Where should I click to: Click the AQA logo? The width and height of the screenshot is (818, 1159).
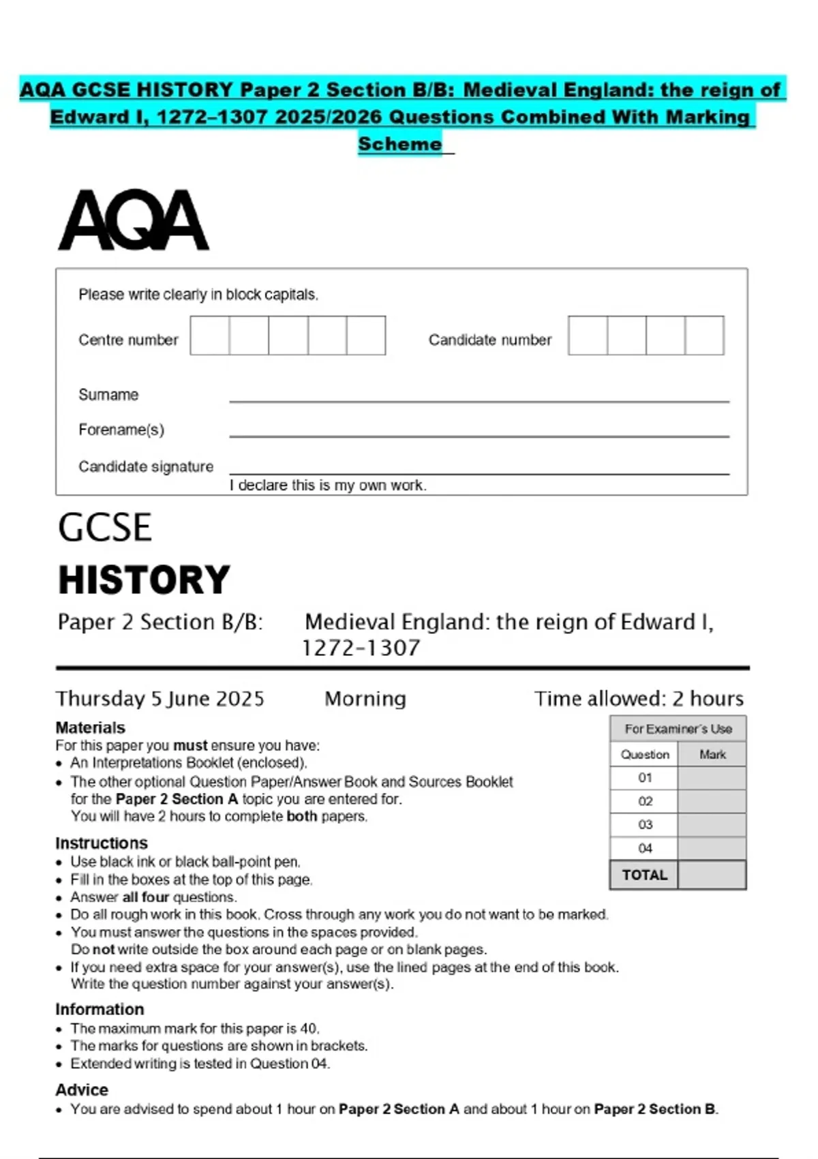tap(134, 221)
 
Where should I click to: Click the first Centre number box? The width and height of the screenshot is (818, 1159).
tap(210, 335)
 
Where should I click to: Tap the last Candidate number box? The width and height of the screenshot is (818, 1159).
tap(704, 335)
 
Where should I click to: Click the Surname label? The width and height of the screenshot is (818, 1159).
tap(108, 395)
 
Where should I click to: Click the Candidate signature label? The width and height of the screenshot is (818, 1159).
tap(146, 467)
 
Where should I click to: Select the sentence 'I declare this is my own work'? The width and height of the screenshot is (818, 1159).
tap(328, 485)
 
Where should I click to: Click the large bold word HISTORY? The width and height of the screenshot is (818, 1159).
tap(144, 580)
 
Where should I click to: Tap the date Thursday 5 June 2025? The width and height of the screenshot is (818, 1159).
tap(160, 699)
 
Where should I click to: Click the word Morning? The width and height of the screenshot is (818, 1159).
tap(365, 699)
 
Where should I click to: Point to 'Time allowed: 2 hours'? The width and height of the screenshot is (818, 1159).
tap(639, 699)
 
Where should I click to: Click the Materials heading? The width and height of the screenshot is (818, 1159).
tap(91, 727)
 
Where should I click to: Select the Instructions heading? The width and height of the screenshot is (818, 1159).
tap(102, 843)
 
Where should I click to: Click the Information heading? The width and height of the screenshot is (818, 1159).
tap(100, 1010)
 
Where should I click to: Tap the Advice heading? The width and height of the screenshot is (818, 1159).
tap(82, 1090)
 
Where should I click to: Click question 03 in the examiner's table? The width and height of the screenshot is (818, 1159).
tap(645, 825)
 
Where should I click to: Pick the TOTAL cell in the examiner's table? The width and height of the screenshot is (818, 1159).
tap(644, 875)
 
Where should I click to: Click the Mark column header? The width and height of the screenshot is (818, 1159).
tap(712, 755)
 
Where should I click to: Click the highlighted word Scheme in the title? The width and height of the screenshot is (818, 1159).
tap(400, 145)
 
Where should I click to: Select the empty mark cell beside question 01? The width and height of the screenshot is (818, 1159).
tap(712, 778)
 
